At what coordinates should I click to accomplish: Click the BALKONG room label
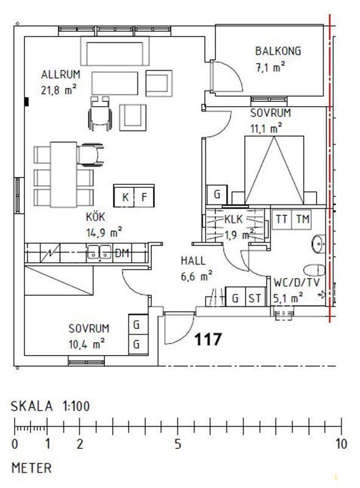pyautogui.click(x=278, y=51)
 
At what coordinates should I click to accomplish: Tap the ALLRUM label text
pyautogui.click(x=61, y=74)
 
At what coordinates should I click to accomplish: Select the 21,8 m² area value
pyautogui.click(x=59, y=90)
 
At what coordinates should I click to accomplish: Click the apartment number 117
pyautogui.click(x=208, y=339)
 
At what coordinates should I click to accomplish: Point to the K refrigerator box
pyautogui.click(x=124, y=196)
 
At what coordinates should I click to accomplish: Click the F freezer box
pyautogui.click(x=144, y=196)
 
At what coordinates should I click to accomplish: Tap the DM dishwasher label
pyautogui.click(x=122, y=253)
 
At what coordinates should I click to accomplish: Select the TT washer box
pyautogui.click(x=282, y=219)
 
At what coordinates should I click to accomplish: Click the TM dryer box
pyautogui.click(x=302, y=219)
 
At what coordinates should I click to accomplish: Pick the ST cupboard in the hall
pyautogui.click(x=255, y=298)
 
